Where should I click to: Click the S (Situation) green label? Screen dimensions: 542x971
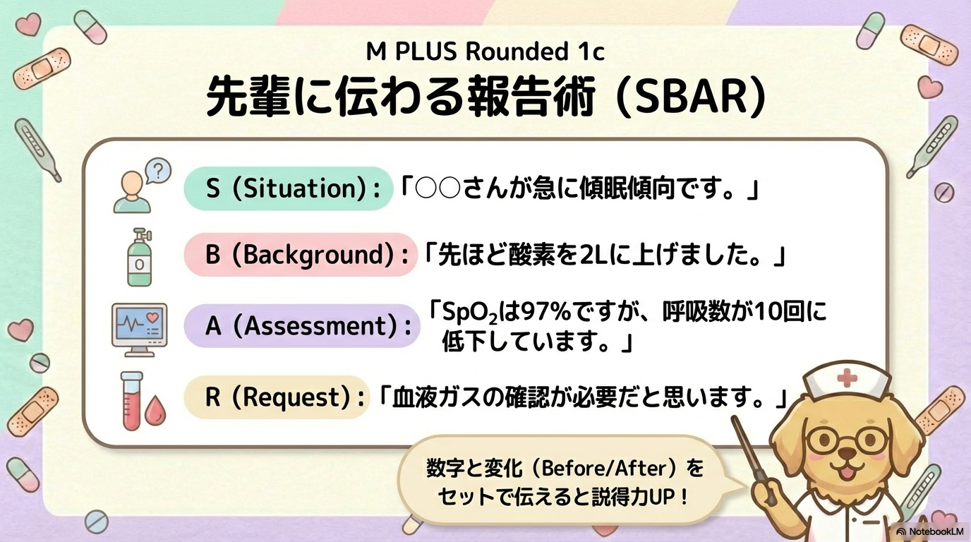coord(288,189)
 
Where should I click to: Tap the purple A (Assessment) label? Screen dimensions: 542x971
coord(302,326)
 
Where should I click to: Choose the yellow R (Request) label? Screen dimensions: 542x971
coord(277,397)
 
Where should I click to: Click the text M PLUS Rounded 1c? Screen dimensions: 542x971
coord(485,52)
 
